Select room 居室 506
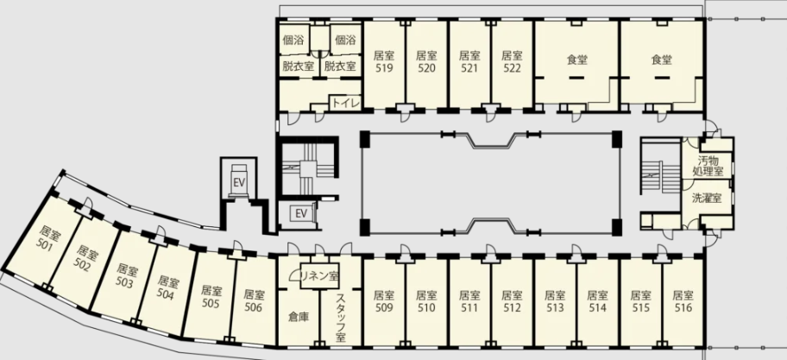254,300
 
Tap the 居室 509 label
384,301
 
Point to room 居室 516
683,301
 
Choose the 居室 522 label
512,62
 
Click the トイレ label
345,103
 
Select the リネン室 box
319,275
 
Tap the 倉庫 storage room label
298,317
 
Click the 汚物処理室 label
708,167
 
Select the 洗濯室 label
707,198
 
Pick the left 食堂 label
577,60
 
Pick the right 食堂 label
662,60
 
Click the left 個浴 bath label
293,40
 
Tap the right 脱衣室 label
340,66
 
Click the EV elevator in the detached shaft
239,182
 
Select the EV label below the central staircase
300,214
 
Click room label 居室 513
555,301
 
